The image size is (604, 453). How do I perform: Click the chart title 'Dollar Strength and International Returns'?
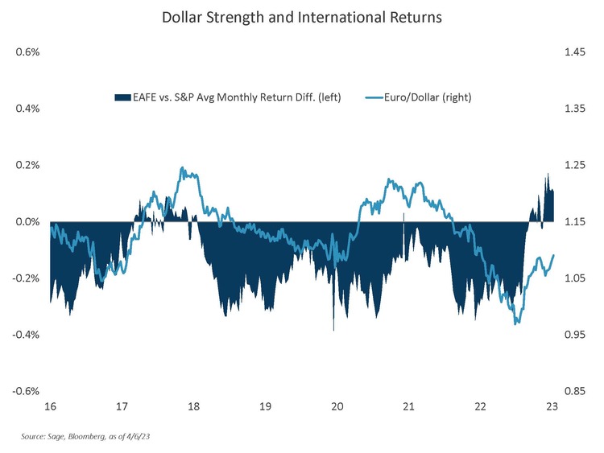[302, 17]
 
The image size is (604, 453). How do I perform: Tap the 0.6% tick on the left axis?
[28, 52]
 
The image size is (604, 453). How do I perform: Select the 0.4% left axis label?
[28, 109]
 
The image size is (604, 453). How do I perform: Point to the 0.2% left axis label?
[28, 165]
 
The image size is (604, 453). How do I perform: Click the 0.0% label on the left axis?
[28, 221]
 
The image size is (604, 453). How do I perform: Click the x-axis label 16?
[50, 406]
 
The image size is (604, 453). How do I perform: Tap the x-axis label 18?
[193, 406]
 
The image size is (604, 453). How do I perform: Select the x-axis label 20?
[337, 406]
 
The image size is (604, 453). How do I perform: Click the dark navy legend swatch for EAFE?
[122, 97]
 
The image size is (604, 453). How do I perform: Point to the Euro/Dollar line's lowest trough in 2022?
[516, 323]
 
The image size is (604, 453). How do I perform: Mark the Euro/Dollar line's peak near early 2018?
[183, 168]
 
